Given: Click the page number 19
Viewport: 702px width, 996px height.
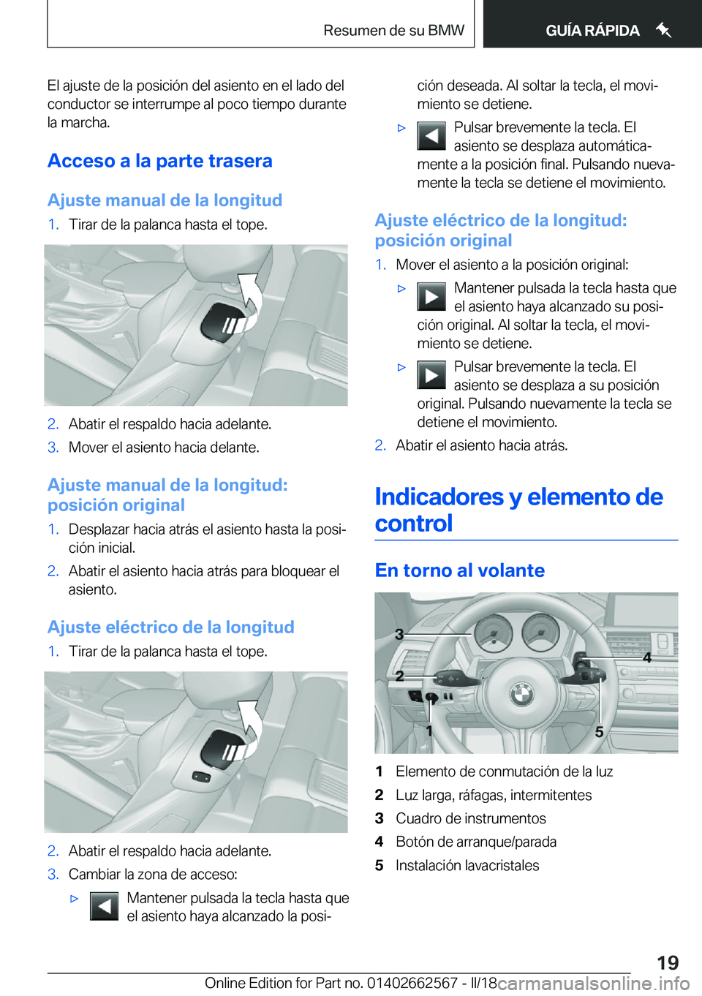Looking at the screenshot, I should point(667,962).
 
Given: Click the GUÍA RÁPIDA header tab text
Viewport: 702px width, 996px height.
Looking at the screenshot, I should point(592,31).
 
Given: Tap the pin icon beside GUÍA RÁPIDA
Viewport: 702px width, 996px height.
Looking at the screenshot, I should point(663,30).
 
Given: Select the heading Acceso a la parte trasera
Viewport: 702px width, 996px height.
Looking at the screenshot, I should point(160,161).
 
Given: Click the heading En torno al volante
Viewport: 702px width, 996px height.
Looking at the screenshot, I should point(460,570).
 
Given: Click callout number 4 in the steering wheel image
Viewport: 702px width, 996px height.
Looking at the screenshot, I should point(646,657).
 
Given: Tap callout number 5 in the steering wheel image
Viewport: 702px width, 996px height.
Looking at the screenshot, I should point(599,732).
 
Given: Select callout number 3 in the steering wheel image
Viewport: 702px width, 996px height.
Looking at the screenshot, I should point(399,634).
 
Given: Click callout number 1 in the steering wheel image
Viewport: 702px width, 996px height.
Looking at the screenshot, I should point(429,731).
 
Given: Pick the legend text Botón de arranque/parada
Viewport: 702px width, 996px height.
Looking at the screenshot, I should point(476,842).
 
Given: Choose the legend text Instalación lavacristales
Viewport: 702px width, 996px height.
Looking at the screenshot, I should point(467,865).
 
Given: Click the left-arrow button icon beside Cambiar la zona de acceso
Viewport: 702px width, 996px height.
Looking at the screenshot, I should point(104,906).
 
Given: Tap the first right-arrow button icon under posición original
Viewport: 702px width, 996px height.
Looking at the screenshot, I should point(431,296).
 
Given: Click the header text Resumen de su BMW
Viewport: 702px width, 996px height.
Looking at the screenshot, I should point(393,31).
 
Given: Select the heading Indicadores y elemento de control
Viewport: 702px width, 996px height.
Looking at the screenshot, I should point(518,510).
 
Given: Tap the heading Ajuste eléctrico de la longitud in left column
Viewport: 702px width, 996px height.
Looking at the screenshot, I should point(171,627).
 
